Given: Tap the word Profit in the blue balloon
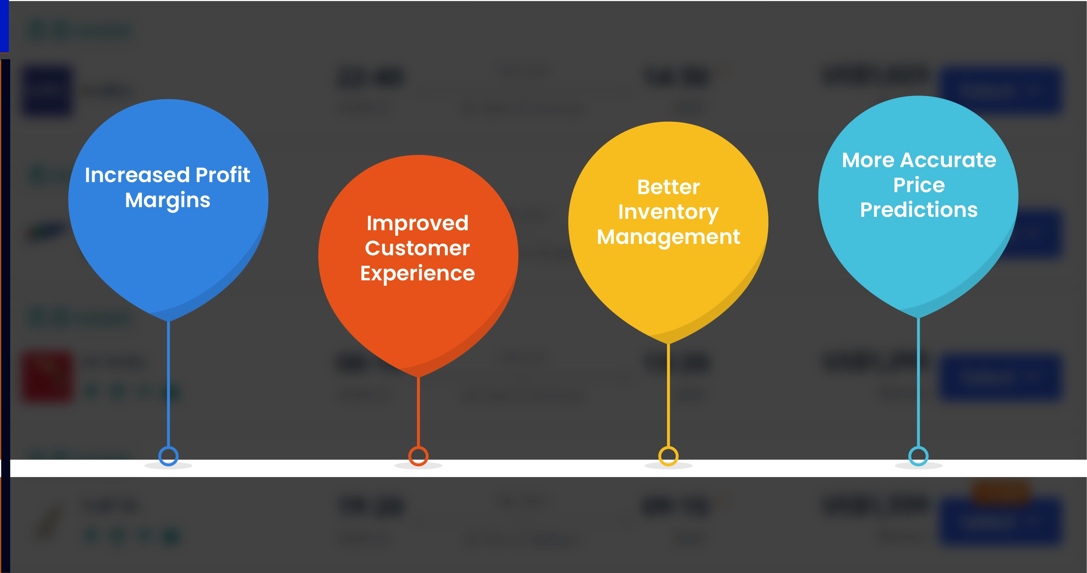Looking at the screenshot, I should coord(223,175).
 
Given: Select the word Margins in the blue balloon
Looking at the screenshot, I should coord(168,200).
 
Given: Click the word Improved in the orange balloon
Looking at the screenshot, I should coord(417,223).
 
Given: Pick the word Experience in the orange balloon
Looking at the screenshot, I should coord(417,273).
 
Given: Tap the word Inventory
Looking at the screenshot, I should coord(668,212).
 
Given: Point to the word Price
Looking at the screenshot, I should coord(919,185).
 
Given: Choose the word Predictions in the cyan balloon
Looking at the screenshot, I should coord(919,209).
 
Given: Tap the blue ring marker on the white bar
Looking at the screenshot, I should coord(168,456).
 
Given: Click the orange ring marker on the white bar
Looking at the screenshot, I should coord(418,456).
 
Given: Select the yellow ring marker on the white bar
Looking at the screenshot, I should coord(668,456).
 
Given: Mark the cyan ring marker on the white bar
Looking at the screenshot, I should coord(918,456).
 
